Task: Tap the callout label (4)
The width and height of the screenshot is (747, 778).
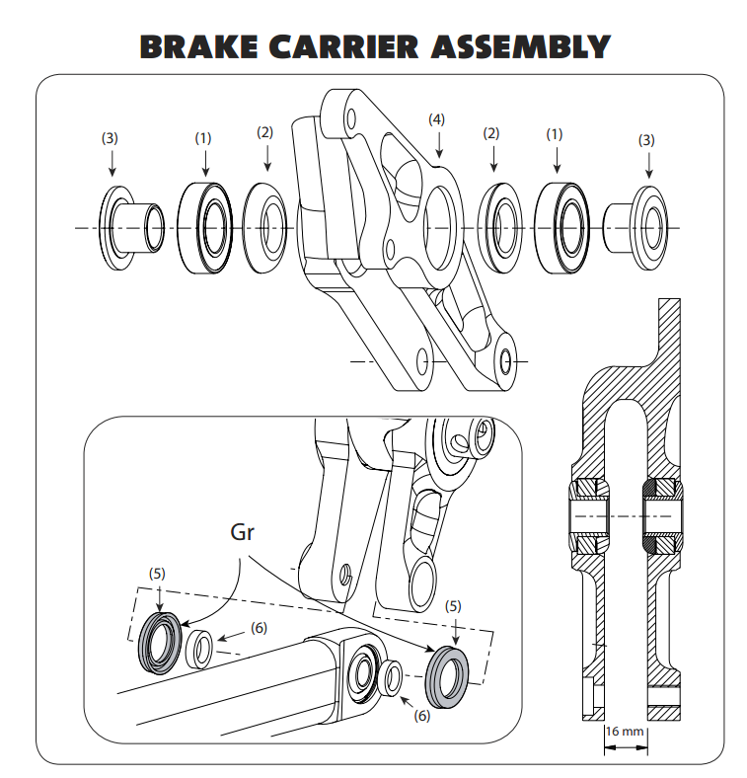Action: [437, 118]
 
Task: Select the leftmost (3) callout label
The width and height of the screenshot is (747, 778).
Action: [111, 138]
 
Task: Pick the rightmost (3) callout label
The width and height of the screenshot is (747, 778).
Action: [647, 139]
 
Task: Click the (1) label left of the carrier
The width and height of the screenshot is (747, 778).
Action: [202, 138]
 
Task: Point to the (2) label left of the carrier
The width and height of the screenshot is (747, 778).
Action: [264, 131]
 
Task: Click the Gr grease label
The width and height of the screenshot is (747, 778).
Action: [243, 532]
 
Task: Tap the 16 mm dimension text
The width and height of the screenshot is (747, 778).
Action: [625, 732]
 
